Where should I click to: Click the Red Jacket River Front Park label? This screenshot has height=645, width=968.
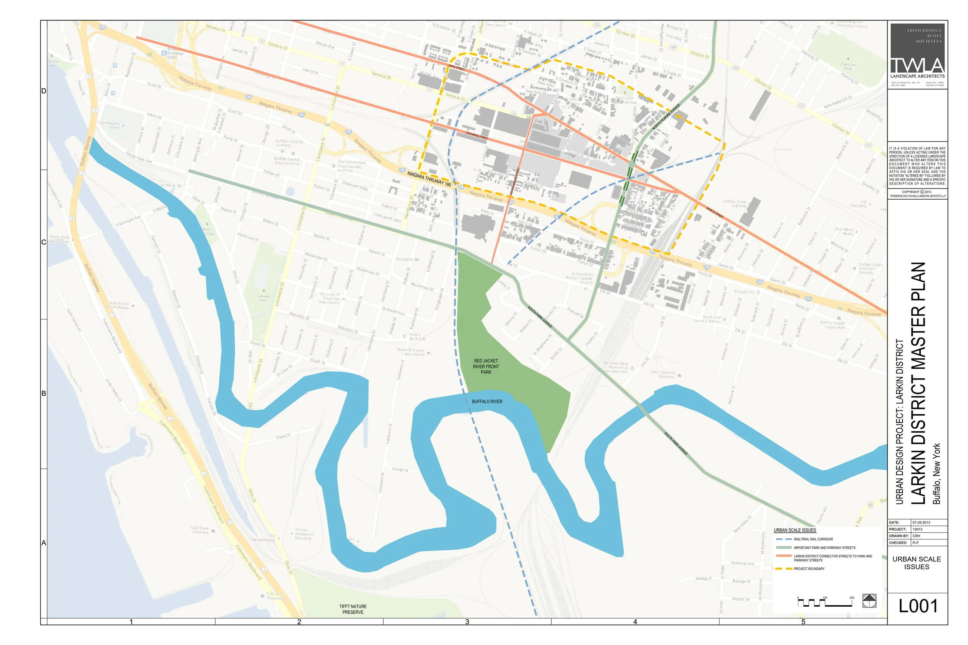pyautogui.click(x=486, y=366)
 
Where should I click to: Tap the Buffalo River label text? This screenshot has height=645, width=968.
pyautogui.click(x=487, y=402)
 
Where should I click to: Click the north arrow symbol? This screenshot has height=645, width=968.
pyautogui.click(x=869, y=601)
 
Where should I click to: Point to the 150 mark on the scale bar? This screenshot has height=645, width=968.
pyautogui.click(x=825, y=598)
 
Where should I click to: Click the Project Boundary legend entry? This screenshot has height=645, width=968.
pyautogui.click(x=809, y=569)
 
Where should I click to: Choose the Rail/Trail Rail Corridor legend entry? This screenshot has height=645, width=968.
pyautogui.click(x=813, y=539)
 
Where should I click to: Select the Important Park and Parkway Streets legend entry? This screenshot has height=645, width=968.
pyautogui.click(x=824, y=548)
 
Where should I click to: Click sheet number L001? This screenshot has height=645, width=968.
pyautogui.click(x=918, y=606)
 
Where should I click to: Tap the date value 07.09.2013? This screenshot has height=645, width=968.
pyautogui.click(x=922, y=522)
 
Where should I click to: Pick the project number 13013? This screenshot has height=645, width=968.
pyautogui.click(x=917, y=529)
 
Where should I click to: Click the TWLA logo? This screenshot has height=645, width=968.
pyautogui.click(x=917, y=66)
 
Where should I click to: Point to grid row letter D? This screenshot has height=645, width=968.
pyautogui.click(x=44, y=91)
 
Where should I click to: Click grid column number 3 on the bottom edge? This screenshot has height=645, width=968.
pyautogui.click(x=467, y=622)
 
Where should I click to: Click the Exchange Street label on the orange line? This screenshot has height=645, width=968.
pyautogui.click(x=477, y=135)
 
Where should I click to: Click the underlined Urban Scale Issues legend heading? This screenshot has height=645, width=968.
pyautogui.click(x=795, y=530)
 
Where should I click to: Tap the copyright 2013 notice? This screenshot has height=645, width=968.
pyautogui.click(x=917, y=192)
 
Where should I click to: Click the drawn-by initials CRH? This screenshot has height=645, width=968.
pyautogui.click(x=916, y=536)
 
